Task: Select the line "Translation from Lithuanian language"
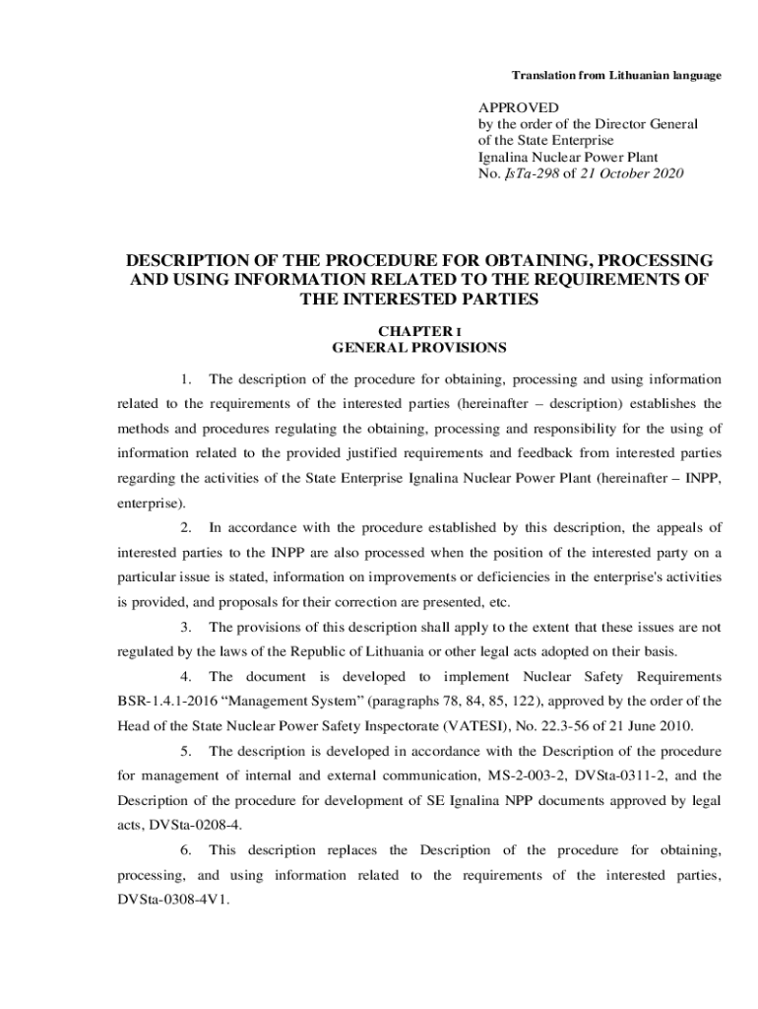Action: point(616,76)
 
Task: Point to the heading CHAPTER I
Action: point(419,332)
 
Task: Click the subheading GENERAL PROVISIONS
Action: point(419,348)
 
